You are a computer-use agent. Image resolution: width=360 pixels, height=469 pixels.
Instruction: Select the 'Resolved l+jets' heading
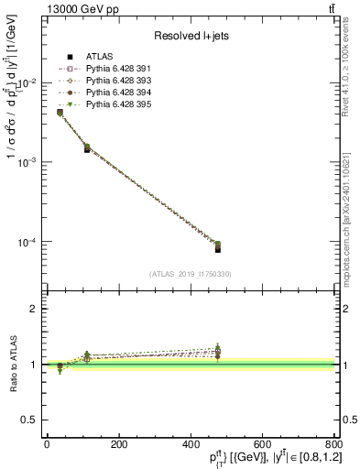coord(191,35)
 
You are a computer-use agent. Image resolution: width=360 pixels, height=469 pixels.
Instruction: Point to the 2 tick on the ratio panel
coord(36,309)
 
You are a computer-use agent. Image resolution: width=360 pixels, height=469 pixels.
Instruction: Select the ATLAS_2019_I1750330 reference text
coord(190,274)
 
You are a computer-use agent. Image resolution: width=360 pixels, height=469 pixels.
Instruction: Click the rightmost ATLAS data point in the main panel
coord(218,248)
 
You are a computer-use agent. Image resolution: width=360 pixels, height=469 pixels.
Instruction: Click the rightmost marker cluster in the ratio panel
coord(218,352)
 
